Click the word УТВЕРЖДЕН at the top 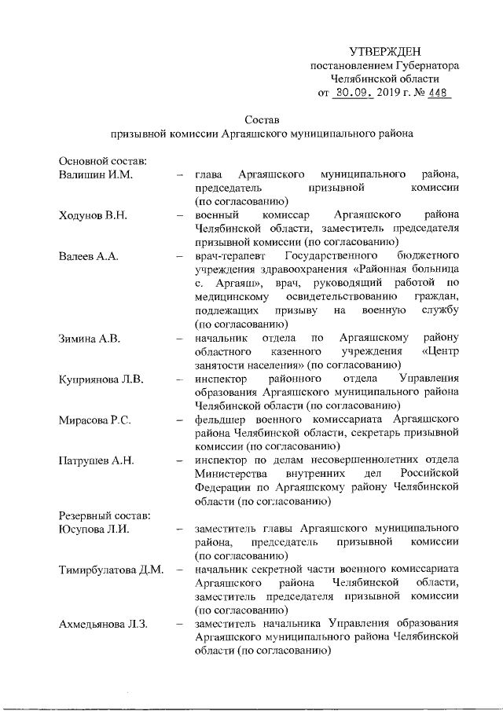(385, 51)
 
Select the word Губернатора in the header (424, 66)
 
